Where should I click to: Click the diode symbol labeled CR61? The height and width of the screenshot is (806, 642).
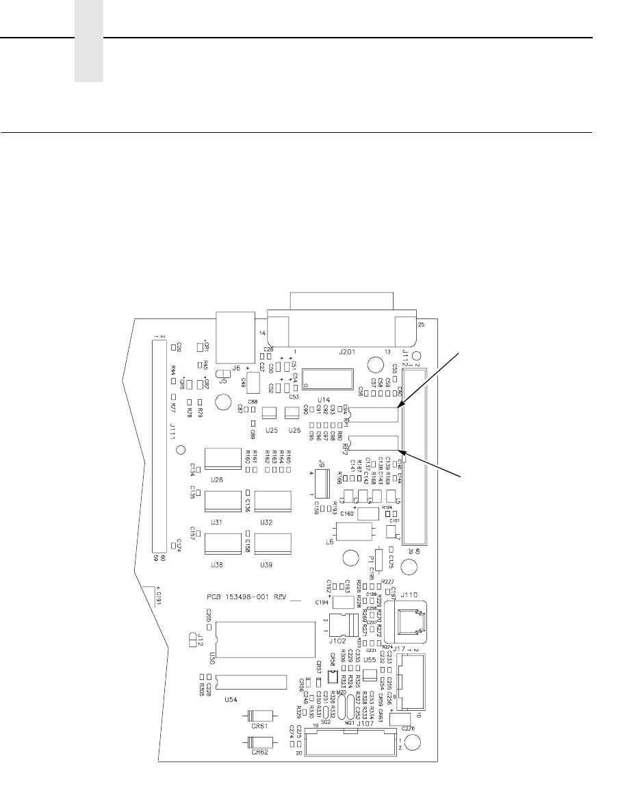tap(260, 717)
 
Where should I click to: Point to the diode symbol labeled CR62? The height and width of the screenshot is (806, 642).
tap(260, 742)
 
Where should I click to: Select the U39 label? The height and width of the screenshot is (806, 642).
tap(267, 565)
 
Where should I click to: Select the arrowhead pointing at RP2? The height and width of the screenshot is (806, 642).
tap(405, 451)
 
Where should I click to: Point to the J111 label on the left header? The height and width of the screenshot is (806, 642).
tap(172, 431)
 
